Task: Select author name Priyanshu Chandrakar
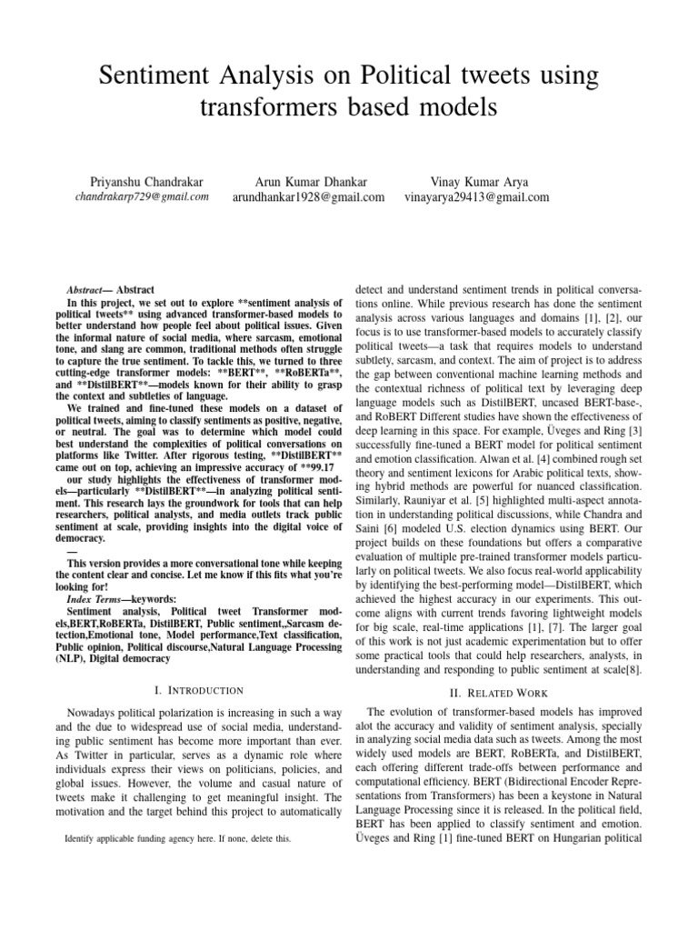(141, 181)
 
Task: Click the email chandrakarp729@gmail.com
(141, 196)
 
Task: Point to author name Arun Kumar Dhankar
(308, 181)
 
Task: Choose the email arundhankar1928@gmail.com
(308, 196)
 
